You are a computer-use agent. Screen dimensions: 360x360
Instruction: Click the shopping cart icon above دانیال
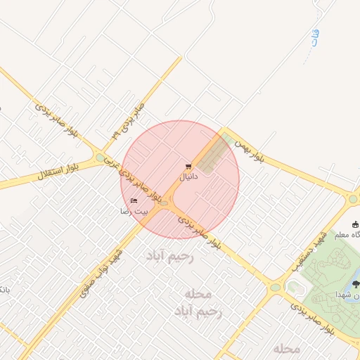(188, 167)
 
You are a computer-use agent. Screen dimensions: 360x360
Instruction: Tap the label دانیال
(188, 177)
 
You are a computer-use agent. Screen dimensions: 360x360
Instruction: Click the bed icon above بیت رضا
(134, 201)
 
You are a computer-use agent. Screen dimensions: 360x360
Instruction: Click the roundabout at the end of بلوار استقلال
(101, 157)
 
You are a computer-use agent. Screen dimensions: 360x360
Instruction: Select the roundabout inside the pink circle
(165, 204)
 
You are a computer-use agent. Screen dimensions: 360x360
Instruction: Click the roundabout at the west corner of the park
(274, 287)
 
